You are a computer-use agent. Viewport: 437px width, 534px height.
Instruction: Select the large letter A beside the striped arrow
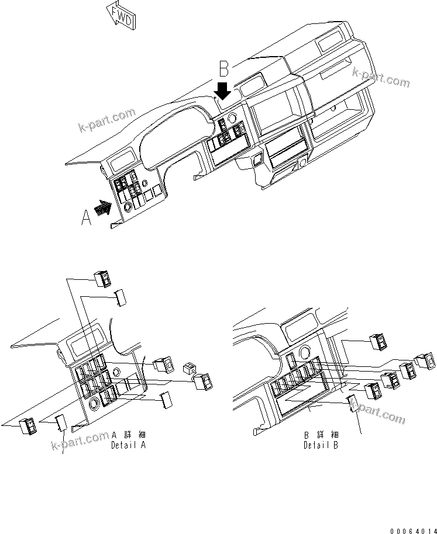pyautogui.click(x=86, y=217)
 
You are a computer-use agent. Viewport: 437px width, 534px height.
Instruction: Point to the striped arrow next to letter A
pyautogui.click(x=104, y=208)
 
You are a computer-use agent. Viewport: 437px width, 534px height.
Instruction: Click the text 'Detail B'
pyautogui.click(x=320, y=445)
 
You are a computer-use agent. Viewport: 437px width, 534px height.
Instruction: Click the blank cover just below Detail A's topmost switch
pyautogui.click(x=120, y=297)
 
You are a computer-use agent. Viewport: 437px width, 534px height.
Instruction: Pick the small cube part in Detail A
pyautogui.click(x=189, y=368)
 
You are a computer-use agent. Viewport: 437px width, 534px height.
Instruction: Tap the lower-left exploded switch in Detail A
pyautogui.click(x=28, y=428)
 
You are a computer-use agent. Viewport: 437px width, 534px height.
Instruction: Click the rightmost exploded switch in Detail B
pyautogui.click(x=425, y=361)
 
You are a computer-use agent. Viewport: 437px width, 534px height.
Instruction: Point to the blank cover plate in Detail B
pyautogui.click(x=353, y=403)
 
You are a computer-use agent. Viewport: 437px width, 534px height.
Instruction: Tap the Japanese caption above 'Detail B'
pyautogui.click(x=320, y=435)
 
